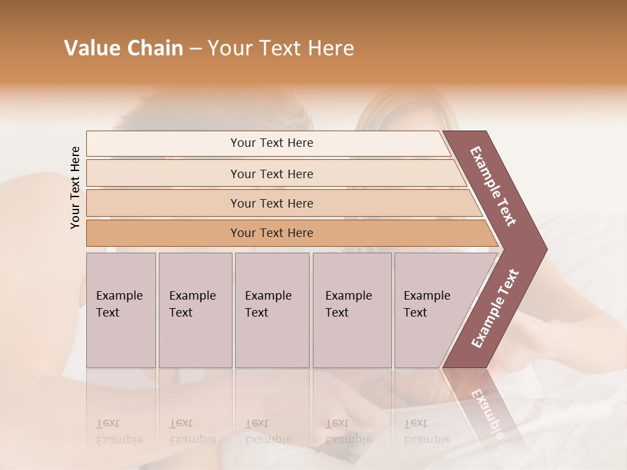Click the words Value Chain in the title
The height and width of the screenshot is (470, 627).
point(123,48)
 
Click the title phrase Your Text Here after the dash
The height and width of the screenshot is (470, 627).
point(281,48)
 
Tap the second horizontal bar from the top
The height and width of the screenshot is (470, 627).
point(272,174)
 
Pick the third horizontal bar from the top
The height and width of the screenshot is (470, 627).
point(272,203)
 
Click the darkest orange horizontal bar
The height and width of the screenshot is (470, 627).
point(272,233)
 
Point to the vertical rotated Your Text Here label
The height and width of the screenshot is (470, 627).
point(75,187)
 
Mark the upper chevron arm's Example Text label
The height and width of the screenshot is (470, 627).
point(493,186)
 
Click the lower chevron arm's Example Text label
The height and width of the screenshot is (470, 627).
point(495,308)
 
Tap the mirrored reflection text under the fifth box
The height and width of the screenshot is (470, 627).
point(427,431)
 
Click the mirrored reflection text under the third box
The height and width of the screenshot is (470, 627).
point(268,431)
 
